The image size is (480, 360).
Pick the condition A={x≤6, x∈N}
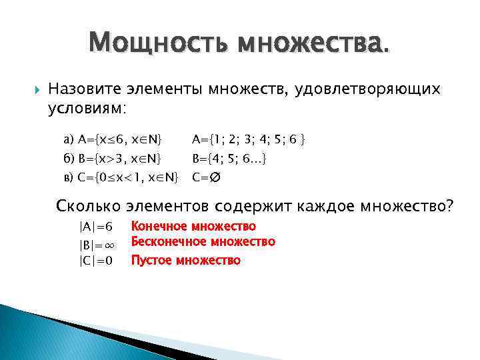(x=113, y=140)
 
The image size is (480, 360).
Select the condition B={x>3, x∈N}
(x=113, y=159)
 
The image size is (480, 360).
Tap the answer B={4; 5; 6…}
(x=230, y=159)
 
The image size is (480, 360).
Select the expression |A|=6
(x=96, y=227)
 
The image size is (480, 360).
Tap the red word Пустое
(x=151, y=260)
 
